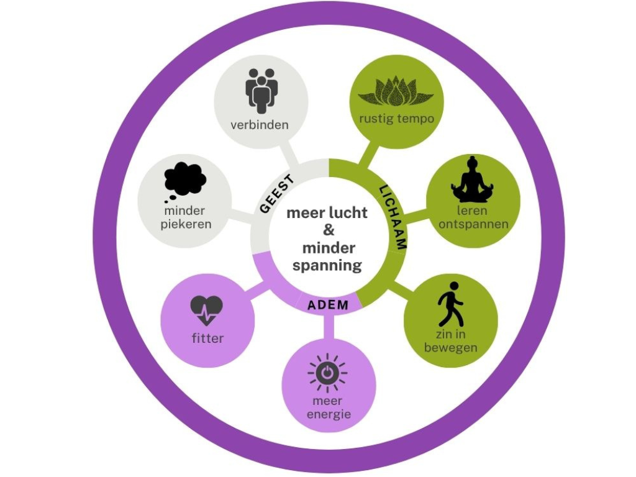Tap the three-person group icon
(261, 90)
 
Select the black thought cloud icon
(184, 181)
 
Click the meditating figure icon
(472, 180)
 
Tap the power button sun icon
(327, 373)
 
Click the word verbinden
(260, 125)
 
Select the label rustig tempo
(396, 119)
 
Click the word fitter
(207, 338)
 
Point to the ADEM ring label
(328, 305)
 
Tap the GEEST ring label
(276, 195)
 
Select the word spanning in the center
(327, 266)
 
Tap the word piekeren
(186, 224)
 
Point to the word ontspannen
(473, 224)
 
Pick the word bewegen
(451, 348)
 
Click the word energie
(329, 414)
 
